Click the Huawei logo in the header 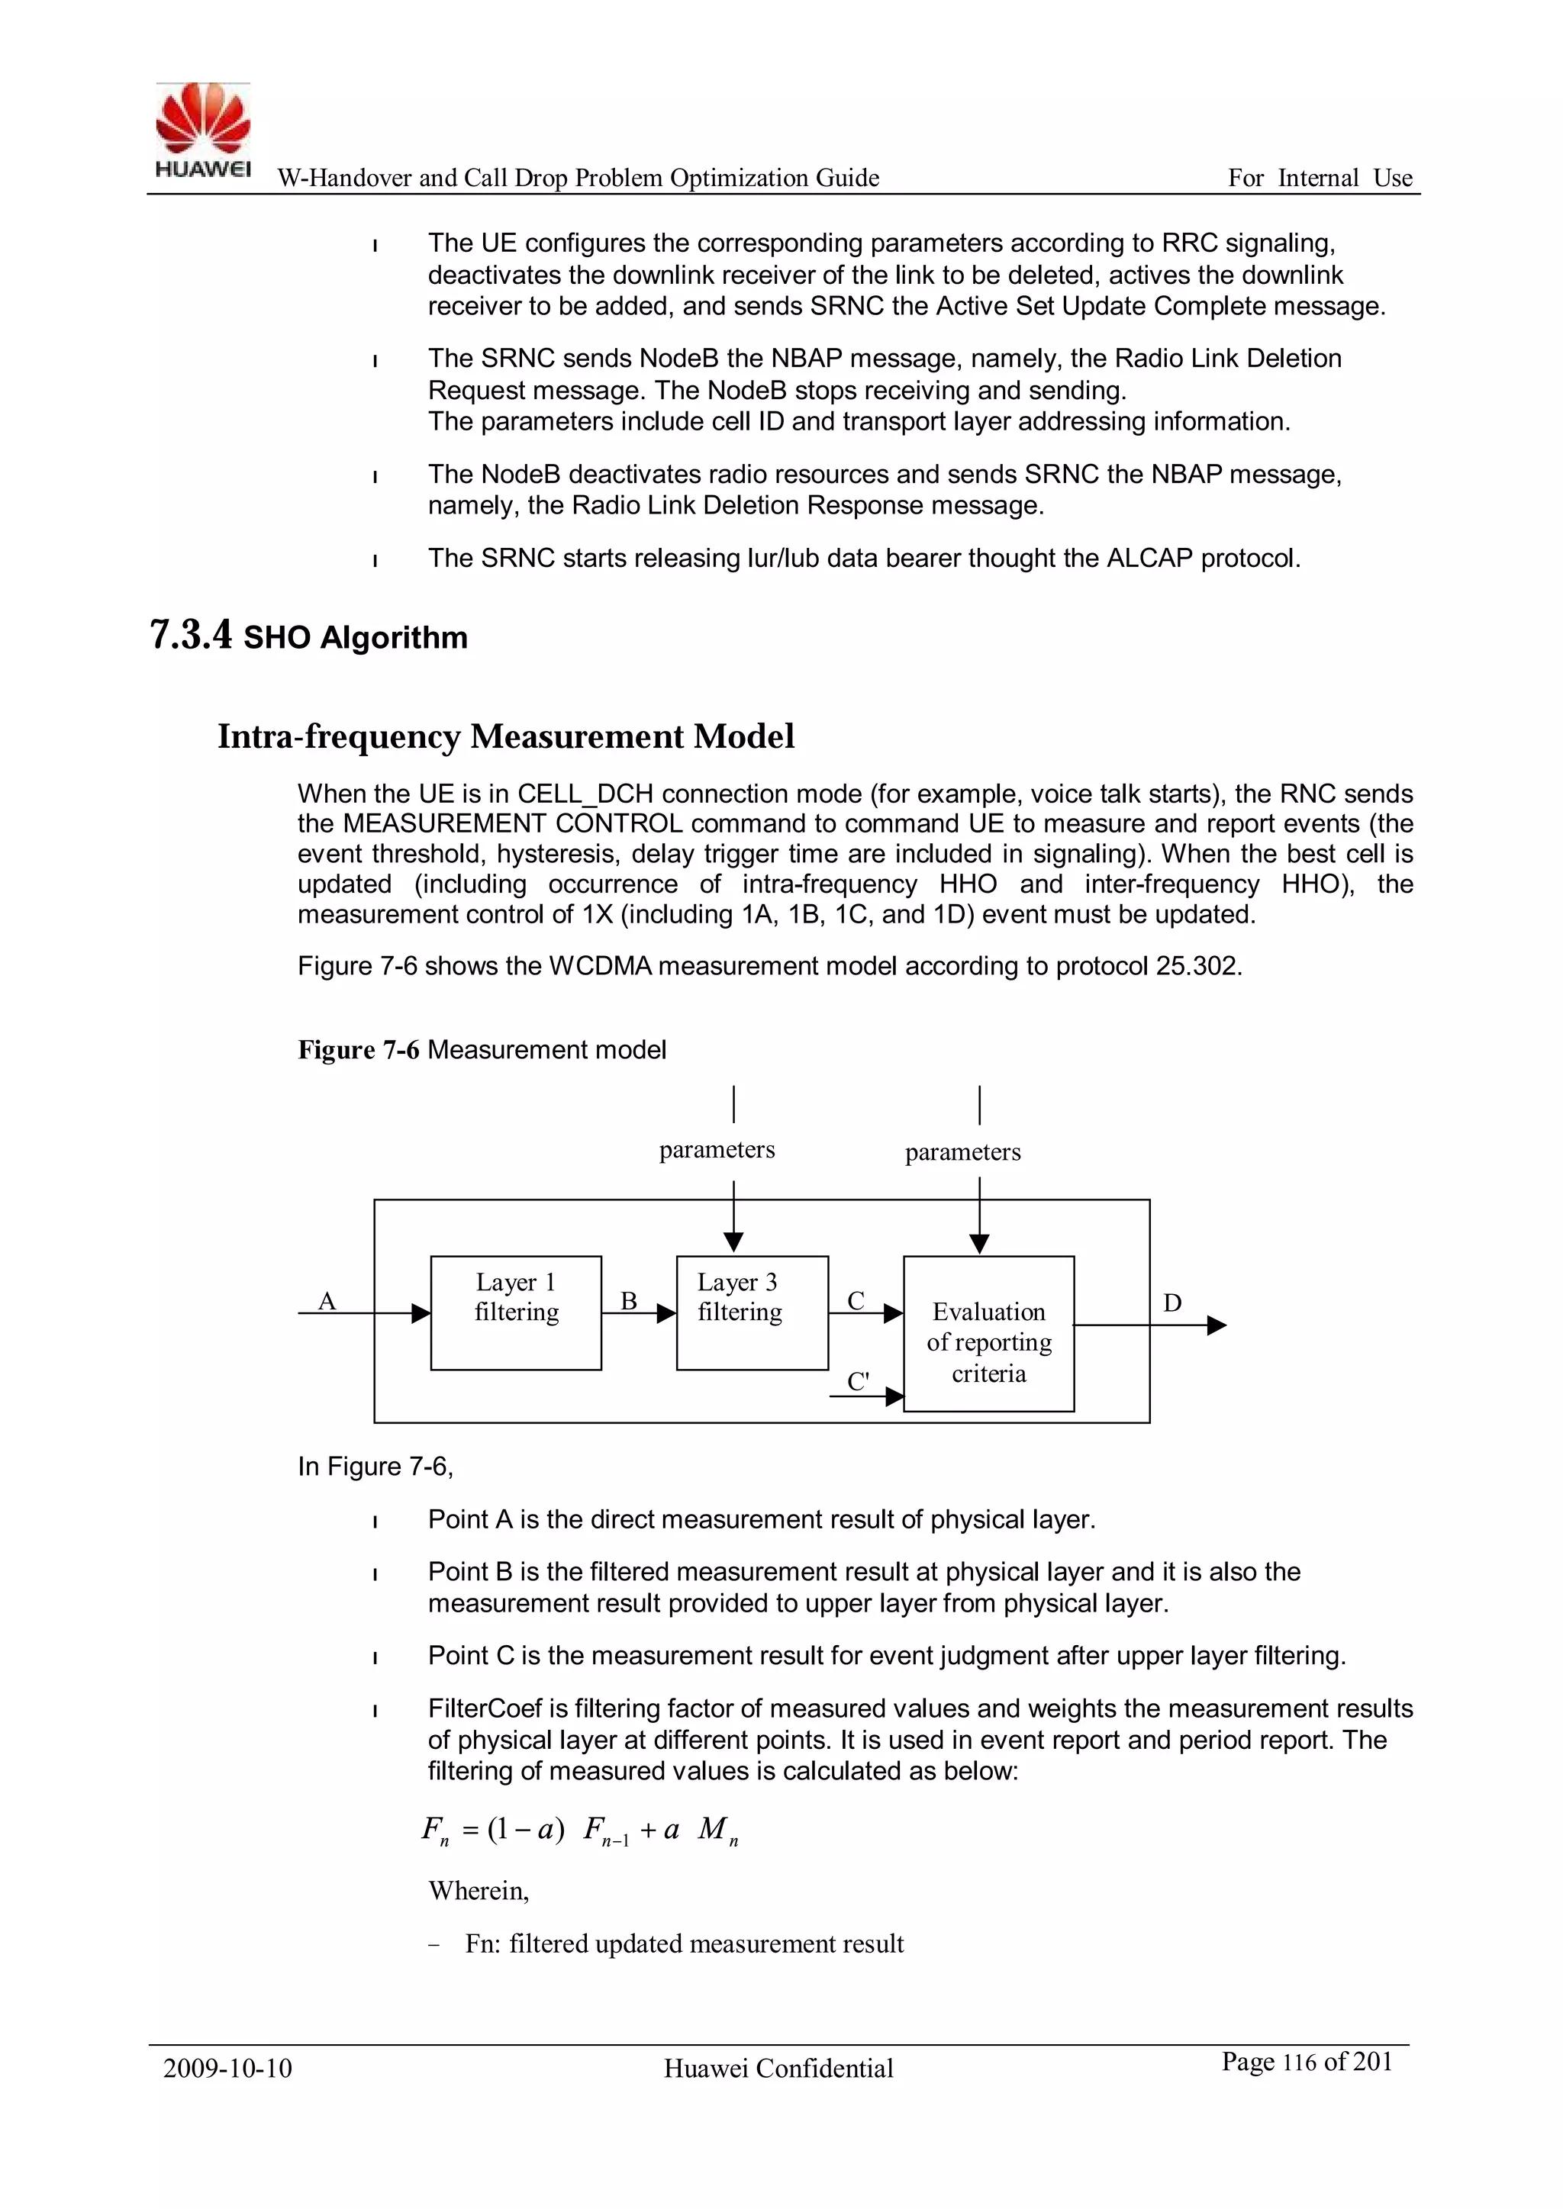pyautogui.click(x=203, y=130)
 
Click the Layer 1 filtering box pyautogui.click(x=516, y=1312)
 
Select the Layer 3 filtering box pyautogui.click(x=752, y=1312)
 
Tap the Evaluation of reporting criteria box pyautogui.click(x=988, y=1342)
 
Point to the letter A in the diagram pyautogui.click(x=327, y=1302)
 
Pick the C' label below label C pyautogui.click(x=858, y=1382)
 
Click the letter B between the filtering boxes pyautogui.click(x=628, y=1302)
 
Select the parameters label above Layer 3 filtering pyautogui.click(x=717, y=1150)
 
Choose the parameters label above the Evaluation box pyautogui.click(x=962, y=1151)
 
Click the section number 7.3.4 pyautogui.click(x=191, y=636)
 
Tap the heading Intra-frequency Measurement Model pyautogui.click(x=505, y=736)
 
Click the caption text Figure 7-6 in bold pyautogui.click(x=358, y=1050)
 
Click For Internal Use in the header pyautogui.click(x=1320, y=178)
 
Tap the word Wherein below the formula pyautogui.click(x=479, y=1891)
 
